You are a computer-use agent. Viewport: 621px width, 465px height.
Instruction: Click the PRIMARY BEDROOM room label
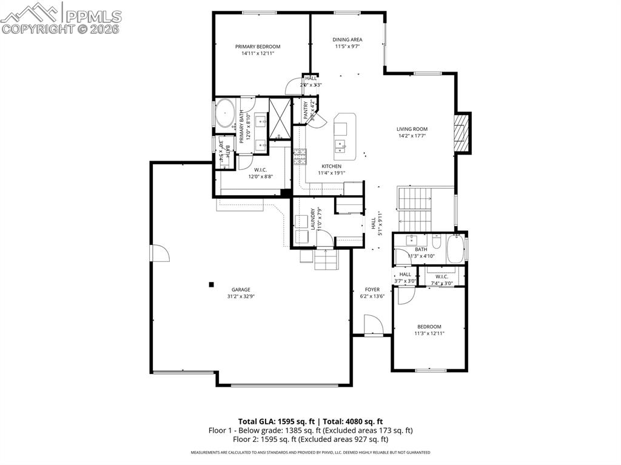pos(258,47)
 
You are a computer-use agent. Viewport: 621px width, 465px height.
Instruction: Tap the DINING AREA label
pos(347,40)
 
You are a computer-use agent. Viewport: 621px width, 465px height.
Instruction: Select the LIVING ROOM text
pos(412,129)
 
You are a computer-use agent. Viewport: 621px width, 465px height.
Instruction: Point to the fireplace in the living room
pos(462,133)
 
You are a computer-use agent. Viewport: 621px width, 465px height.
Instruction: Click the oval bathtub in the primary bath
pos(226,113)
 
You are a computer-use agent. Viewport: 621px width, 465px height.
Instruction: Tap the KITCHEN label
pos(331,166)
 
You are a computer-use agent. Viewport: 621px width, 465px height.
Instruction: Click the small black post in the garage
pos(211,284)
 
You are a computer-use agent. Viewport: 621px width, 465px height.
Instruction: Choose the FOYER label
pos(372,289)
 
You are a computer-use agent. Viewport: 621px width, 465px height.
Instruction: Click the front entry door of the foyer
pos(372,326)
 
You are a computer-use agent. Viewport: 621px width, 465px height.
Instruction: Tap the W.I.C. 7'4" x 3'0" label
pos(441,279)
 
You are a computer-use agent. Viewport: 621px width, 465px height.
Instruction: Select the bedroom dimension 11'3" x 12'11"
pos(429,333)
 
